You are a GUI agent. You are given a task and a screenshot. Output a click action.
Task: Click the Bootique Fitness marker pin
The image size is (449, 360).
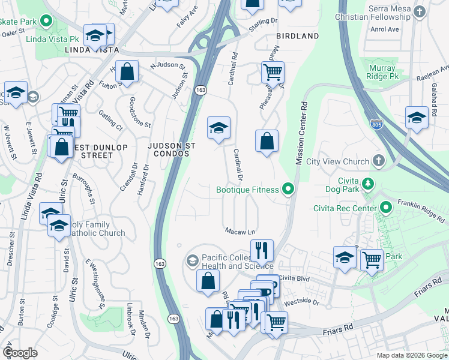288,190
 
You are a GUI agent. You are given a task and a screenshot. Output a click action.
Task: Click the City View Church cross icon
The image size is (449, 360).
378,161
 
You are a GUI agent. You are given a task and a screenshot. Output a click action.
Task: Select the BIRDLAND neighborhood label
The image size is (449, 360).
297,36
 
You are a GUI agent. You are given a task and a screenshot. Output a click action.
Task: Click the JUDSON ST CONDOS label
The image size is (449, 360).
169,149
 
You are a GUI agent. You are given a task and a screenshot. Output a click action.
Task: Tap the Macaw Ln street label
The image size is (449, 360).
240,231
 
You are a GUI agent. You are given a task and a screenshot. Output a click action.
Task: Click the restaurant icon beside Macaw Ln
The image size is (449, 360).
262,249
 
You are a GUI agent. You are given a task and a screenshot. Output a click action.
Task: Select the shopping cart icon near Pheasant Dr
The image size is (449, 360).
273,72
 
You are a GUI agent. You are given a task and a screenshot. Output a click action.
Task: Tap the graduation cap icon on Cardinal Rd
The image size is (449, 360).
218,127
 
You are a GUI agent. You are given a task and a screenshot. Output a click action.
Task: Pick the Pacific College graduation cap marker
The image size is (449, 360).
192,260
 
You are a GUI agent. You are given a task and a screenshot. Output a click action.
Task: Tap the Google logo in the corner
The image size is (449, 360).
20,353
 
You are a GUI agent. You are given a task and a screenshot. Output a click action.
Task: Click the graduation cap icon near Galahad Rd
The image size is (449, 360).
417,117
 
